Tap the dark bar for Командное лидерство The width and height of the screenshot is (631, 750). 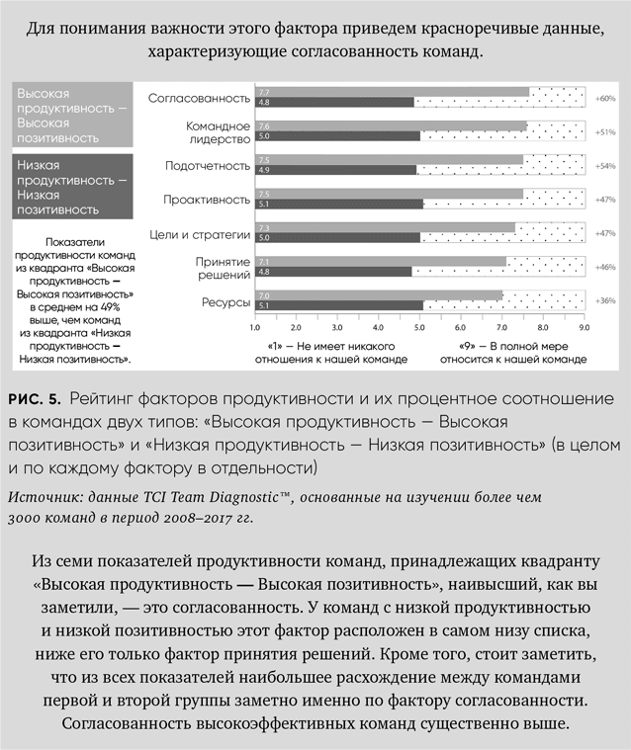[x=335, y=136]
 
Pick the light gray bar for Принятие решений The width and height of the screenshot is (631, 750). [x=381, y=262]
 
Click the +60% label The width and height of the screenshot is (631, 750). [x=606, y=98]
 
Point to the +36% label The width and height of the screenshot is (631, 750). [x=606, y=300]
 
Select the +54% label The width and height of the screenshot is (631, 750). [x=606, y=165]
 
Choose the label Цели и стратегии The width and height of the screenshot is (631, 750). [x=205, y=233]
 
